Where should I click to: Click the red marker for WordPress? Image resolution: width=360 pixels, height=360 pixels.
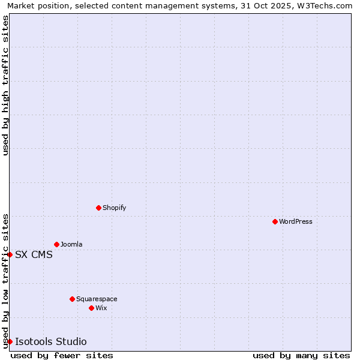click(x=275, y=221)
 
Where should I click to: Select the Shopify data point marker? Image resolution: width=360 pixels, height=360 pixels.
click(x=98, y=208)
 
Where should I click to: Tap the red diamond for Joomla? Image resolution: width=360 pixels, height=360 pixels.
click(x=56, y=244)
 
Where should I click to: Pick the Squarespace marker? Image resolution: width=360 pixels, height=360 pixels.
click(x=72, y=299)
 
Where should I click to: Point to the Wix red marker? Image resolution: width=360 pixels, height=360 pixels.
click(x=91, y=308)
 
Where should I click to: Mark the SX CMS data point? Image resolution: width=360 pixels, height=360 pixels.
click(x=10, y=254)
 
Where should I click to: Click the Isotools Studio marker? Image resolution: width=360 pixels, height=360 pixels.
click(x=10, y=341)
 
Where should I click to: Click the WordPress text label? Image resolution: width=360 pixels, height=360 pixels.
click(x=296, y=221)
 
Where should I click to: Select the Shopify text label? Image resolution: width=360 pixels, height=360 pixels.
click(x=115, y=208)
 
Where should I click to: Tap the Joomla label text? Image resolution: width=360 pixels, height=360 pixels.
click(x=71, y=244)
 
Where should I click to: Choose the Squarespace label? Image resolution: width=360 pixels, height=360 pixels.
click(x=97, y=299)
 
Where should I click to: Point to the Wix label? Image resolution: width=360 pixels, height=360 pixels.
click(x=101, y=308)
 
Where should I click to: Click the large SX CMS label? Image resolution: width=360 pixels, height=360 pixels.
click(x=34, y=254)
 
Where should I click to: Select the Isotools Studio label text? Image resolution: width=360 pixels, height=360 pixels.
click(x=51, y=341)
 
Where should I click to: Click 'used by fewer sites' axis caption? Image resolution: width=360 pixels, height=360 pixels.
click(x=62, y=355)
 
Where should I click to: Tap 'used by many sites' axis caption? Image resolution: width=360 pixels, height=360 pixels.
click(x=301, y=355)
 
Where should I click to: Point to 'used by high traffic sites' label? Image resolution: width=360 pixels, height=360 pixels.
click(x=5, y=85)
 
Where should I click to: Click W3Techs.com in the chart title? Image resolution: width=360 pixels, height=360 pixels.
click(x=326, y=5)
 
